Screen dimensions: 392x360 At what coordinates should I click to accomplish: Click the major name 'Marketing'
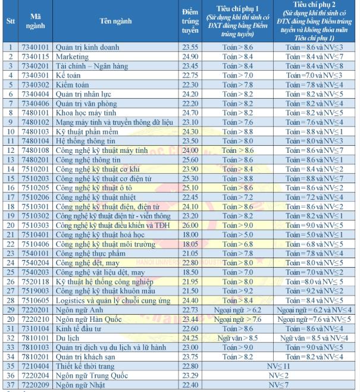coord(72,57)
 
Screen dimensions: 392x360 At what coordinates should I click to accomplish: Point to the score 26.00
coord(190,225)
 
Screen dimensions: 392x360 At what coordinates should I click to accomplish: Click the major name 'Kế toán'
coord(68,75)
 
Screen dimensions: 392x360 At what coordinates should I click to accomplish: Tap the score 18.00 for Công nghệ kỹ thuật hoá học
coord(190,234)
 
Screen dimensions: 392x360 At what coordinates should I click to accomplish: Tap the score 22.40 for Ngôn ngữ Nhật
coord(190,385)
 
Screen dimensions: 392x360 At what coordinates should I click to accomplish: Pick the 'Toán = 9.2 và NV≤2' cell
coord(314,291)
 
